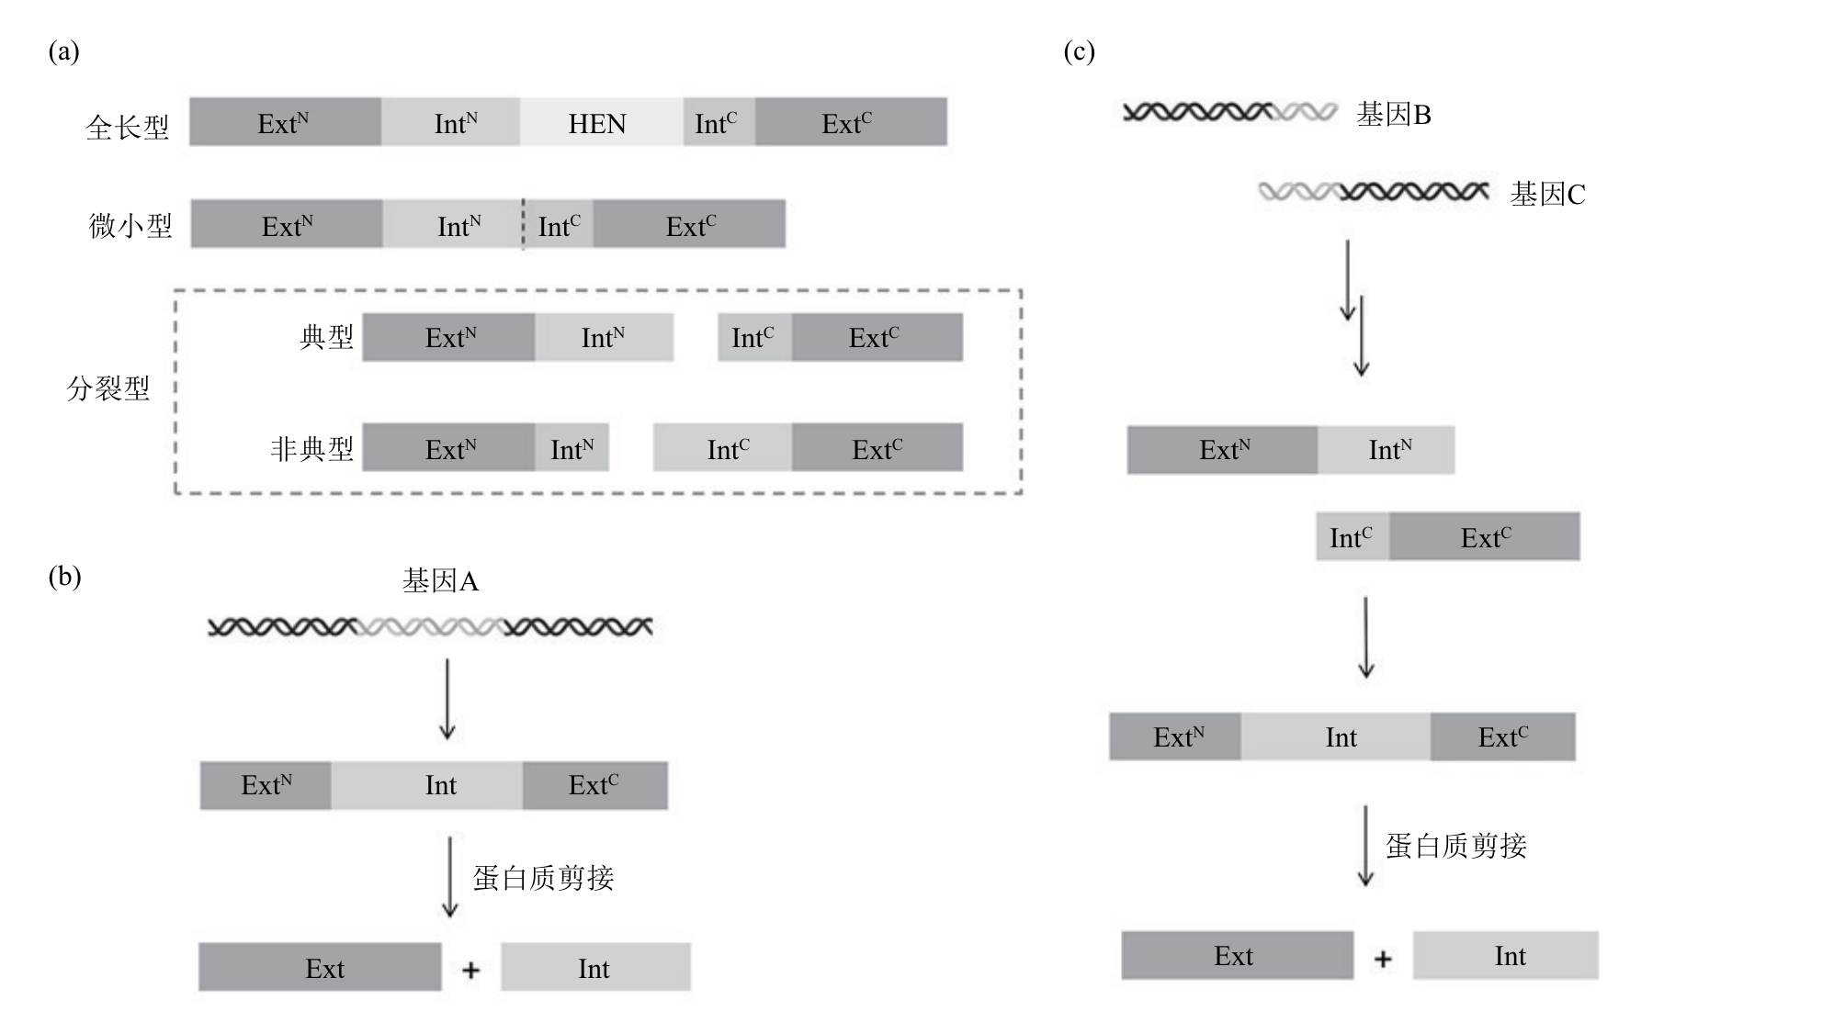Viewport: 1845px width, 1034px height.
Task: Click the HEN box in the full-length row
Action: tap(601, 122)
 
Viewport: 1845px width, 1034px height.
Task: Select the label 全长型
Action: tap(128, 126)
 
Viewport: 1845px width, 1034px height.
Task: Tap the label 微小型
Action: tap(130, 225)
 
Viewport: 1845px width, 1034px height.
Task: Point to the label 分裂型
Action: tap(108, 388)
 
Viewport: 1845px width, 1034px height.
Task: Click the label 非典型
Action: tap(311, 448)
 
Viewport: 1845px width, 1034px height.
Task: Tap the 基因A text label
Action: tap(440, 580)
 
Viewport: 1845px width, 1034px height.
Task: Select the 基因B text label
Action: tap(1394, 115)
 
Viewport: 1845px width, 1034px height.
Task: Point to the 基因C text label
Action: tap(1548, 194)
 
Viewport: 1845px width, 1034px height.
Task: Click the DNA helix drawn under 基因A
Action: tap(430, 627)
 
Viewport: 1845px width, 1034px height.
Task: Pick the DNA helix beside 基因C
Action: tap(1373, 192)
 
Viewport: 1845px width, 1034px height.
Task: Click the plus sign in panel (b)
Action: tap(470, 970)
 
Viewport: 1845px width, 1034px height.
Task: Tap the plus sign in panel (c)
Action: tap(1383, 959)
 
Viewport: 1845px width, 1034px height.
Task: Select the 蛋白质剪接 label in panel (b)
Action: tap(543, 878)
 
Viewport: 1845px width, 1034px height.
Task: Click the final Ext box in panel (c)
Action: tap(1237, 955)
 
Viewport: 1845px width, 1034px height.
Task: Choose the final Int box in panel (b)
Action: tap(595, 967)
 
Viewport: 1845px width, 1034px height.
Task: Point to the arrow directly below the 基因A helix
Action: tap(447, 699)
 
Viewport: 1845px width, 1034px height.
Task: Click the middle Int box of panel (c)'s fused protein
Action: tap(1336, 736)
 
